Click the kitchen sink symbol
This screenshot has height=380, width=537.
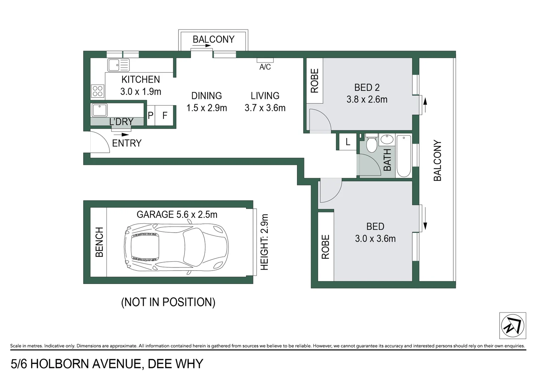click(x=118, y=65)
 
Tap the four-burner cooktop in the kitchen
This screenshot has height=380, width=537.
click(x=97, y=91)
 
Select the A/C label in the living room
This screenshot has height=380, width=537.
click(x=265, y=67)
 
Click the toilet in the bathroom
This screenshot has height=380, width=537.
click(x=371, y=143)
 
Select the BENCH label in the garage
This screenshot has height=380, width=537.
click(x=99, y=242)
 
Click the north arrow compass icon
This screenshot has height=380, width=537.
click(x=512, y=325)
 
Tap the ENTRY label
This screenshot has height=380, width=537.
click(x=127, y=143)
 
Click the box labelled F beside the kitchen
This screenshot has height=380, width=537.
click(x=164, y=115)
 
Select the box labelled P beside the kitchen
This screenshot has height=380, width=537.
click(x=150, y=115)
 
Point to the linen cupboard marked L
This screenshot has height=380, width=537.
click(x=348, y=142)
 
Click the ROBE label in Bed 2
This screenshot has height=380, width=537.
click(x=315, y=81)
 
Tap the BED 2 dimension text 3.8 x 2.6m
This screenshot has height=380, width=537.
click(x=367, y=100)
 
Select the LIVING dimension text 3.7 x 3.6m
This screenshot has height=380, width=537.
click(x=265, y=108)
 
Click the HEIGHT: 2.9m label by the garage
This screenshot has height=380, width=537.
click(x=264, y=242)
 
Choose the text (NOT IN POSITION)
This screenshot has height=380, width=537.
click(x=168, y=302)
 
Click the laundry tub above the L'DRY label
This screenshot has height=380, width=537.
click(x=99, y=110)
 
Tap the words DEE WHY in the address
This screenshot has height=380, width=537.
click(x=175, y=363)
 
